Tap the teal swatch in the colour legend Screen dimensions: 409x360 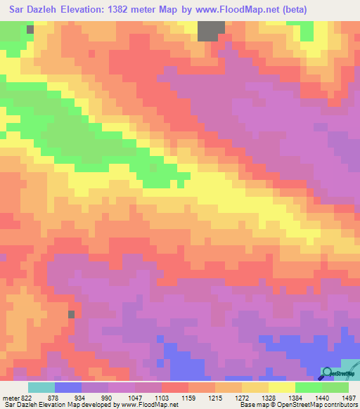(41, 387)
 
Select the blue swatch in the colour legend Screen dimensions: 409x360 (68, 387)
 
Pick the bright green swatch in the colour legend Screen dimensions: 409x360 (309, 387)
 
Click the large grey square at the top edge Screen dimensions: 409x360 (211, 31)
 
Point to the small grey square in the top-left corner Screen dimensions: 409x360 (30, 30)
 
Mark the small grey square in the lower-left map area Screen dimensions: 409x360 (71, 314)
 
